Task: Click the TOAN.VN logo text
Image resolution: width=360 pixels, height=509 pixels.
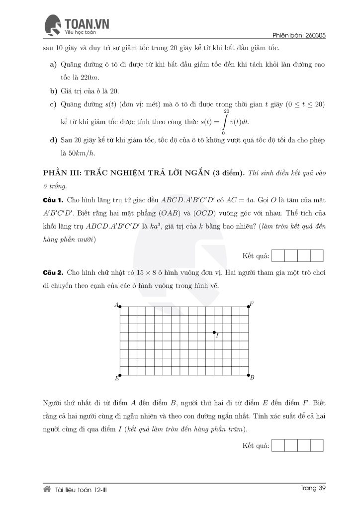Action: (x=87, y=23)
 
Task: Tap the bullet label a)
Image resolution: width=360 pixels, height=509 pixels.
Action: (x=53, y=65)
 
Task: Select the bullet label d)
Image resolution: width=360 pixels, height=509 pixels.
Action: (x=53, y=140)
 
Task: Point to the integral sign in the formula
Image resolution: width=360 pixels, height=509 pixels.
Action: (x=226, y=122)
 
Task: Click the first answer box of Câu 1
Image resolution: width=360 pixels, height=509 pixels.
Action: (x=279, y=256)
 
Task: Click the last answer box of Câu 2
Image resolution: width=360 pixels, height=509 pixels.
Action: (x=317, y=445)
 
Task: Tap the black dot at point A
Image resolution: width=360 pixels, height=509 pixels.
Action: (x=120, y=306)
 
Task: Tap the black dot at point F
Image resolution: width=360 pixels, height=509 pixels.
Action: (x=248, y=306)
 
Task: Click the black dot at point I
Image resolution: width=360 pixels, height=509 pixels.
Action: (x=214, y=332)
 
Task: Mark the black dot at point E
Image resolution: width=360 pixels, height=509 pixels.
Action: (x=120, y=375)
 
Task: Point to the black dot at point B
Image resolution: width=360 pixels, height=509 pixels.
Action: (x=248, y=375)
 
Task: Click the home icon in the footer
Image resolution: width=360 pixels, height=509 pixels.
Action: (x=47, y=489)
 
